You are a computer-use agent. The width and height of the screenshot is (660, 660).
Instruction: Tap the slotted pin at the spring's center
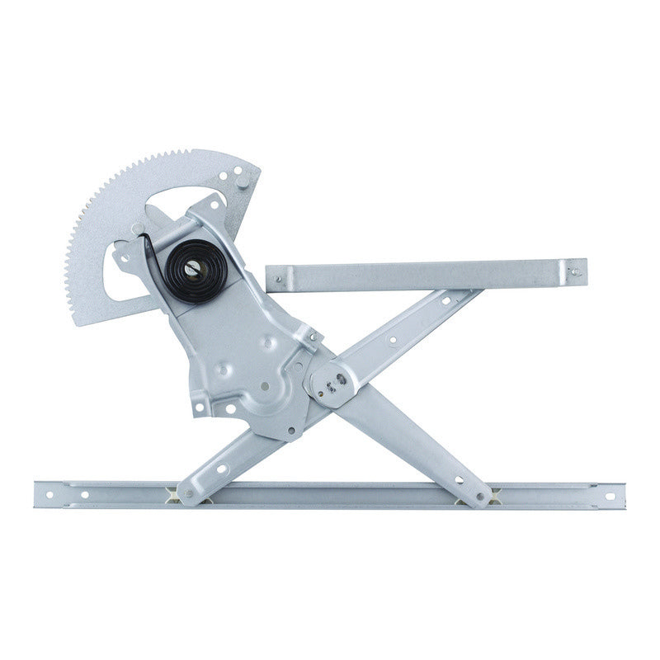click(191, 270)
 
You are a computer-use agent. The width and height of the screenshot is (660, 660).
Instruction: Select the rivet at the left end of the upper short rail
click(277, 280)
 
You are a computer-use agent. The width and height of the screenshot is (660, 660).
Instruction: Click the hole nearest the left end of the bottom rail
click(49, 495)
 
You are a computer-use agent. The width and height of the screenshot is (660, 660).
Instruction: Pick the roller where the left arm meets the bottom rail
click(183, 493)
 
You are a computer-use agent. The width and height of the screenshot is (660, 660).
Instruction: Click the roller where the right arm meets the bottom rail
click(484, 496)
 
